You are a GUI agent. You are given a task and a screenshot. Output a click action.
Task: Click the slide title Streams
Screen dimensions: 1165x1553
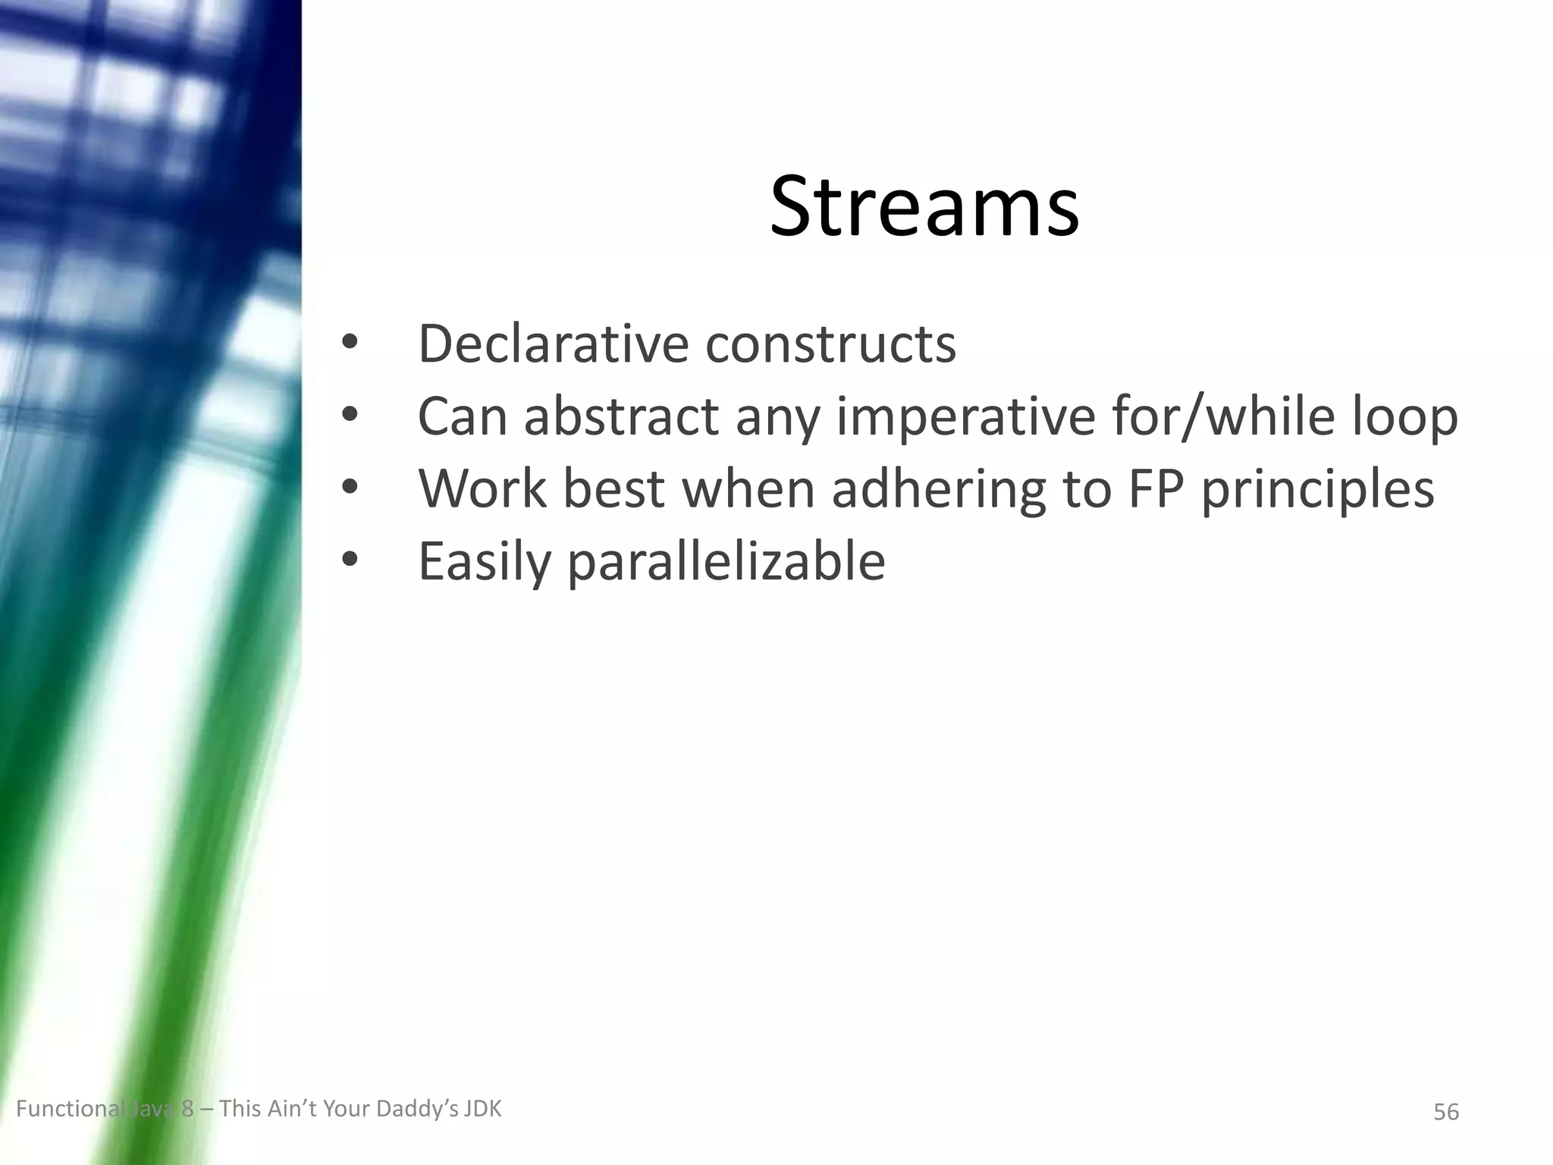tap(924, 206)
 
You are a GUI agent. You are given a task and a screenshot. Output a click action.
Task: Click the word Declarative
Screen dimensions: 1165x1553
tap(552, 344)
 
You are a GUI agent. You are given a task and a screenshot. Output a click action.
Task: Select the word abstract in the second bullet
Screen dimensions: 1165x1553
tap(621, 416)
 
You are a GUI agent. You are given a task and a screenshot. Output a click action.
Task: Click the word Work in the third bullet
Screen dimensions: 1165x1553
tap(482, 488)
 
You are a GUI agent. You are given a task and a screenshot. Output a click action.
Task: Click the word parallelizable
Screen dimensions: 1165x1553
tap(726, 561)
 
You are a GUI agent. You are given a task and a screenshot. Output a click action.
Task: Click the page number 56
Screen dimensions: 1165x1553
tap(1445, 1112)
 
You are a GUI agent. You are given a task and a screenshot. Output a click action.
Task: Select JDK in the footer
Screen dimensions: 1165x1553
tap(482, 1109)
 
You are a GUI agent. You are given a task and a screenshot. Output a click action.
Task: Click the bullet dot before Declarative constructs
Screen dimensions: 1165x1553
tap(349, 344)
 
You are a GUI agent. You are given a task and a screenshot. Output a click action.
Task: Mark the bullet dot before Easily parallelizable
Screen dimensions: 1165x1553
tap(349, 561)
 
